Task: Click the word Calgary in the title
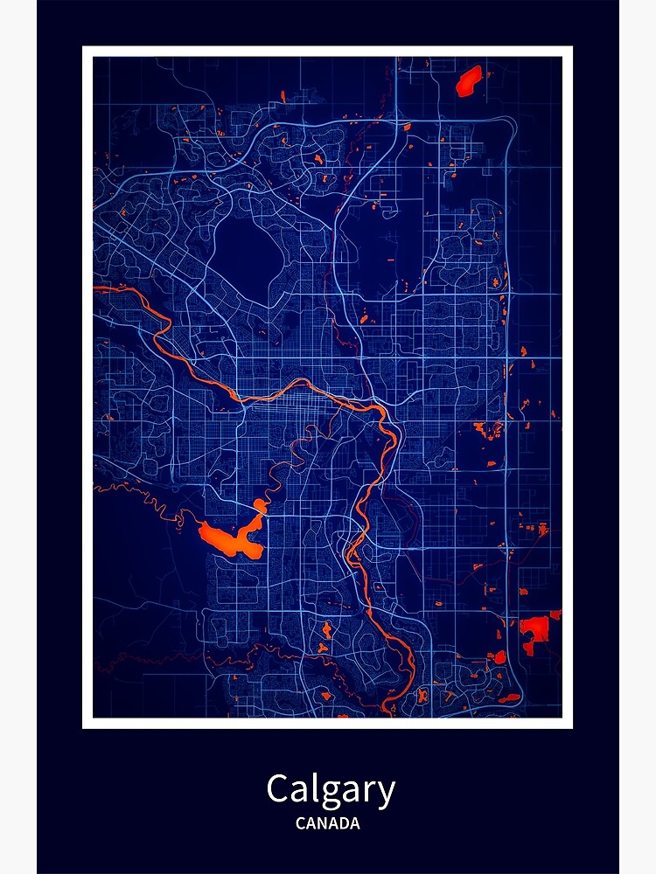point(331,790)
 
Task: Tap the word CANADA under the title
point(327,823)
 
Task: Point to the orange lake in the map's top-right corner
point(469,80)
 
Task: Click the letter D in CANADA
point(342,823)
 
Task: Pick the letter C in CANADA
point(300,823)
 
